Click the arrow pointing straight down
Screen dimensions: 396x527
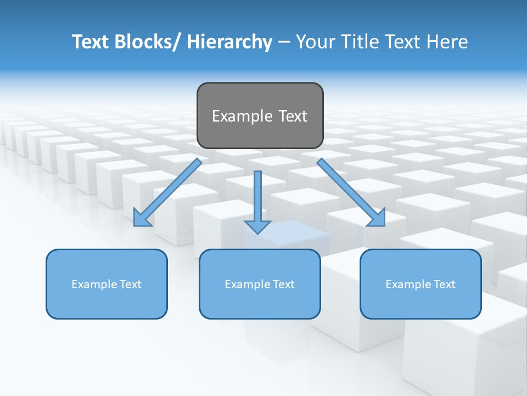(x=257, y=198)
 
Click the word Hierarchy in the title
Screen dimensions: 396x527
(x=229, y=42)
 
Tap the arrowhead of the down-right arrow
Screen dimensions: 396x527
(x=377, y=218)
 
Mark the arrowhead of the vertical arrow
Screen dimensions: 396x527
(x=257, y=227)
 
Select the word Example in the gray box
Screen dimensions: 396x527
(x=242, y=116)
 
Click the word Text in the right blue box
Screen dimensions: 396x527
(x=445, y=284)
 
